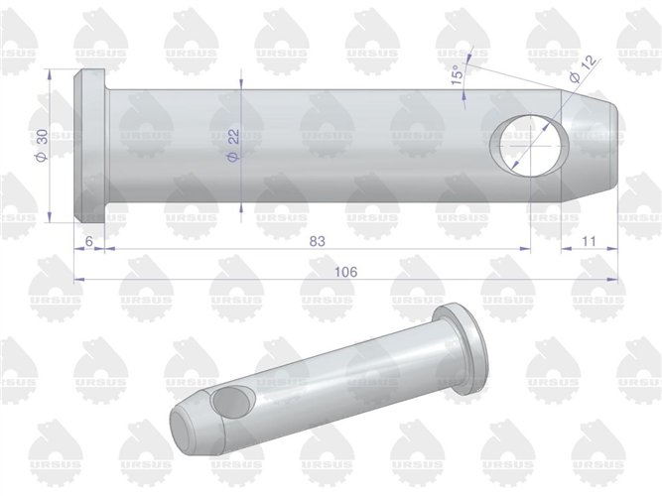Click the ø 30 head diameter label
point(42,145)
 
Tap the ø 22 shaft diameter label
point(233,145)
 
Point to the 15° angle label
point(458,75)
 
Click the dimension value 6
point(88,241)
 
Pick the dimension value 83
point(317,241)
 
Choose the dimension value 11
point(589,241)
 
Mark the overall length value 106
point(345,272)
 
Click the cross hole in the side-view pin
point(529,145)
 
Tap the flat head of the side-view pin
point(90,147)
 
